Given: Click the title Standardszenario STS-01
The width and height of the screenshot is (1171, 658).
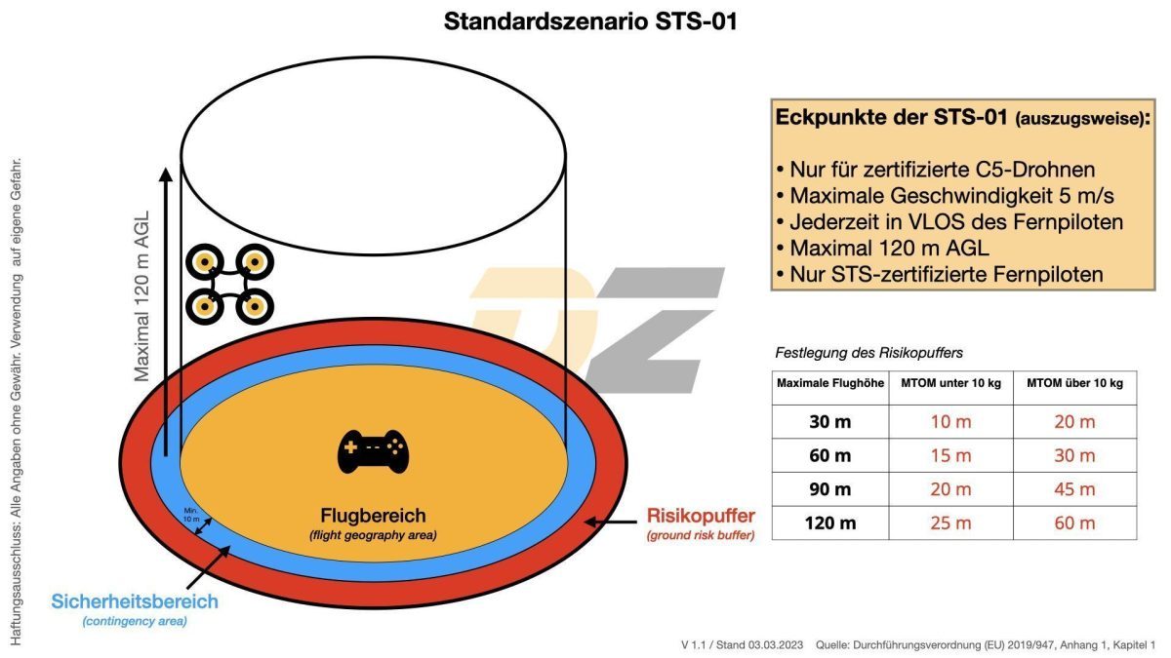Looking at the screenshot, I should [x=589, y=21].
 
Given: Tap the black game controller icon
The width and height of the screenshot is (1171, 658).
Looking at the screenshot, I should [x=373, y=451].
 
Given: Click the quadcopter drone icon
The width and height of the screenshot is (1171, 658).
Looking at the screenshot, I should [x=228, y=284].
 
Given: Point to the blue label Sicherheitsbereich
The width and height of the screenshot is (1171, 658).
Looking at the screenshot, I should [x=135, y=601].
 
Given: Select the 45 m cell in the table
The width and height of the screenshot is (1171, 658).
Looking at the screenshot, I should [x=1074, y=488].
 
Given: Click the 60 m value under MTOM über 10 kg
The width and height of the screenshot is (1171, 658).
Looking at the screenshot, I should [x=1074, y=523].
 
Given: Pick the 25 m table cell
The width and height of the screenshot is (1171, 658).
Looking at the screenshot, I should [x=950, y=523].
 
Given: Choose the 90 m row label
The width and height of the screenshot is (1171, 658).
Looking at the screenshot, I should [x=829, y=488].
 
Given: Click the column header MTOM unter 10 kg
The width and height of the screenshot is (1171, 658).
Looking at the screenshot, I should [x=950, y=384].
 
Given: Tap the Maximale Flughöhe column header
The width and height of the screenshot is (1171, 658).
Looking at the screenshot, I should [x=829, y=384].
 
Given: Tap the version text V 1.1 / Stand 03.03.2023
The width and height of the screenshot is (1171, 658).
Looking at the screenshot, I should [x=742, y=645].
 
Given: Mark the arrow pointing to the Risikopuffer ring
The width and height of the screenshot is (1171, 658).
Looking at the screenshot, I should [x=608, y=523].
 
